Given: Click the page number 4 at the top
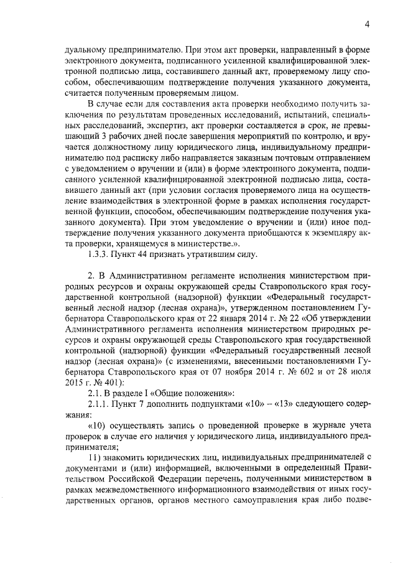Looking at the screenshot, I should (x=368, y=24).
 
